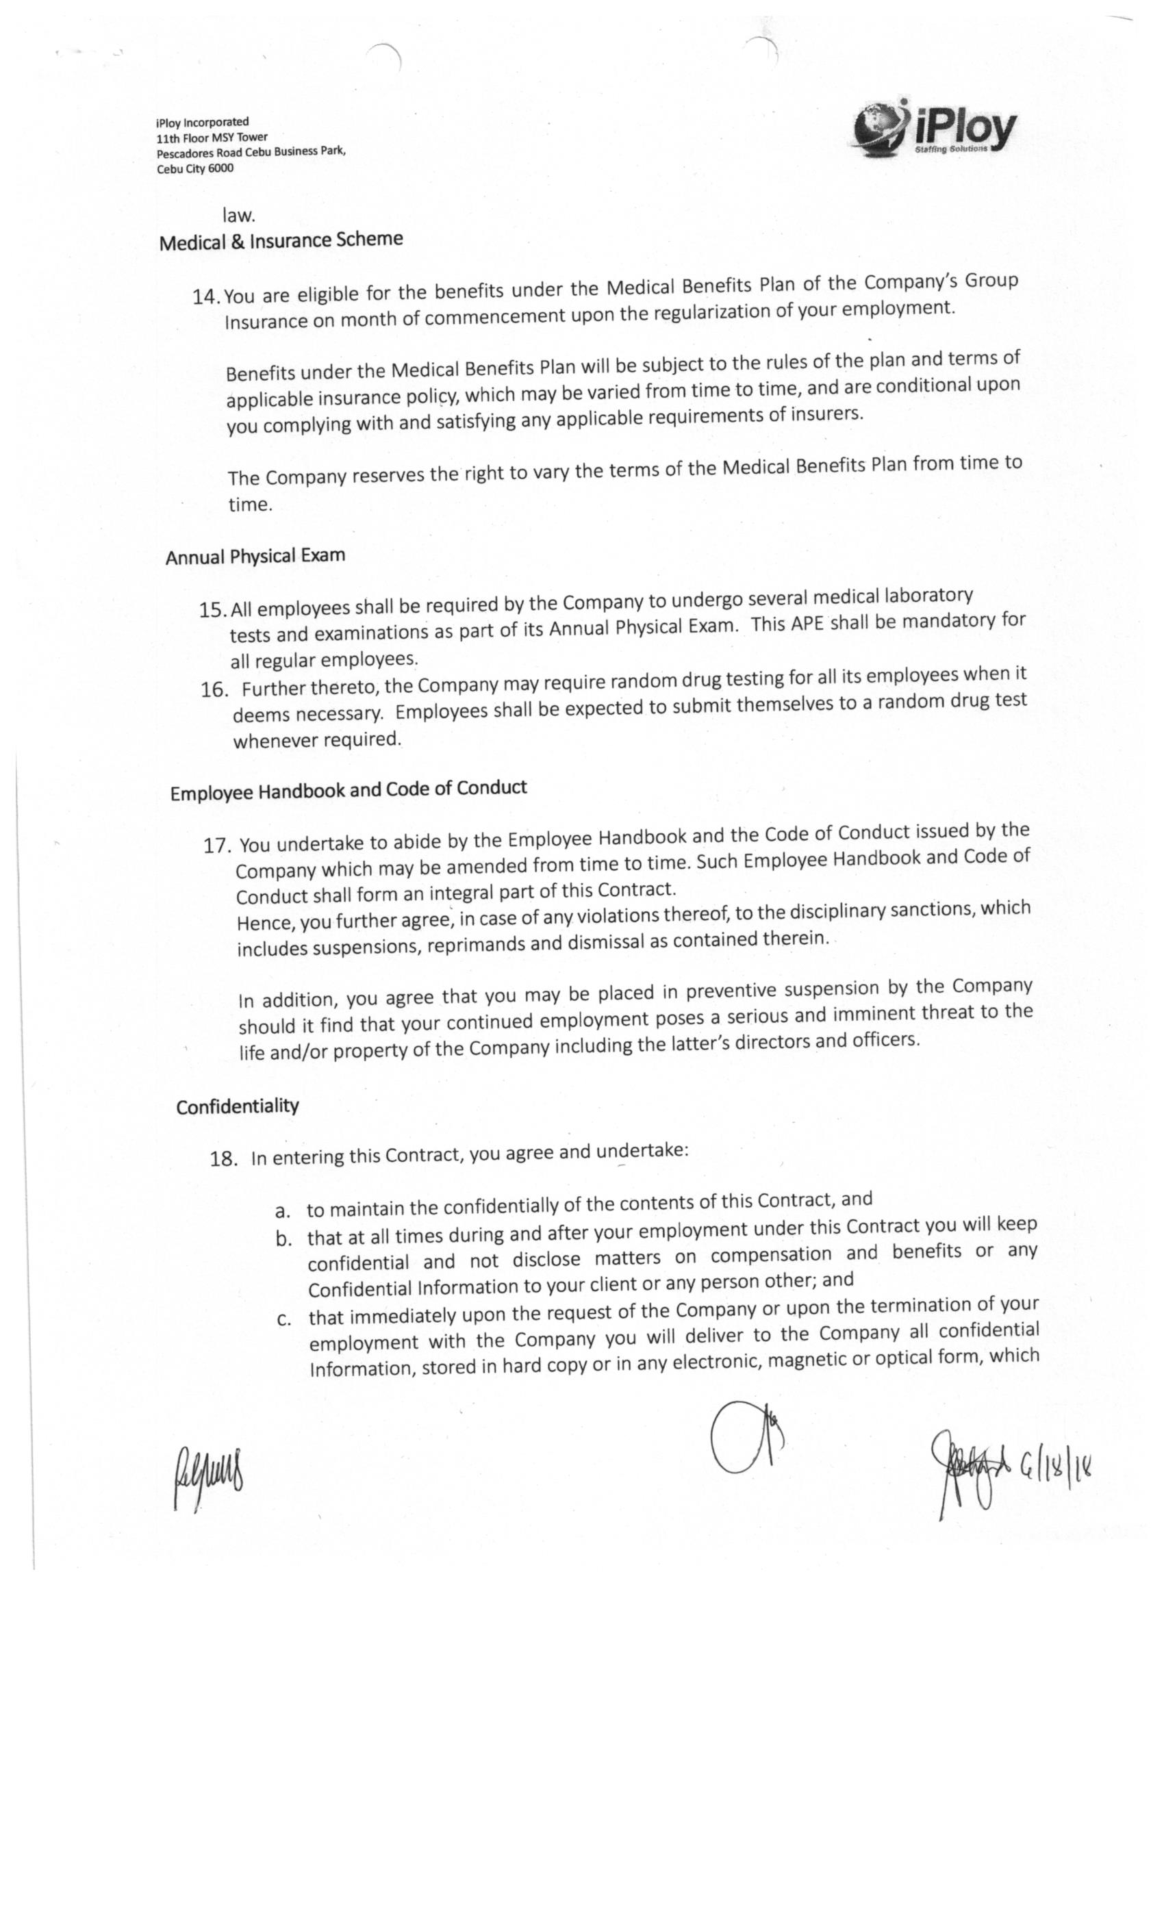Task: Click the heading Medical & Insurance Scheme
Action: (x=281, y=240)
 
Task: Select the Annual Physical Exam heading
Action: (x=255, y=556)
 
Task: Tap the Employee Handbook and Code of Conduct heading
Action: (x=349, y=789)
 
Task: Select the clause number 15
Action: (x=212, y=610)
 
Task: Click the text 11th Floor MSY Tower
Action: (x=212, y=138)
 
